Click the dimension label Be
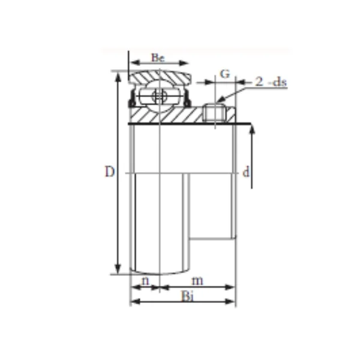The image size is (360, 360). pos(158,58)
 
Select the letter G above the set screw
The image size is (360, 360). pos(225,74)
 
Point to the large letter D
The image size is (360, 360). pos(109,172)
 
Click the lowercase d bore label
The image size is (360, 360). pos(245,173)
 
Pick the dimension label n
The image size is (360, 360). pos(145,280)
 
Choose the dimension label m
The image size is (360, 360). pos(197,280)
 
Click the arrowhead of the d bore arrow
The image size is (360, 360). pos(251,130)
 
